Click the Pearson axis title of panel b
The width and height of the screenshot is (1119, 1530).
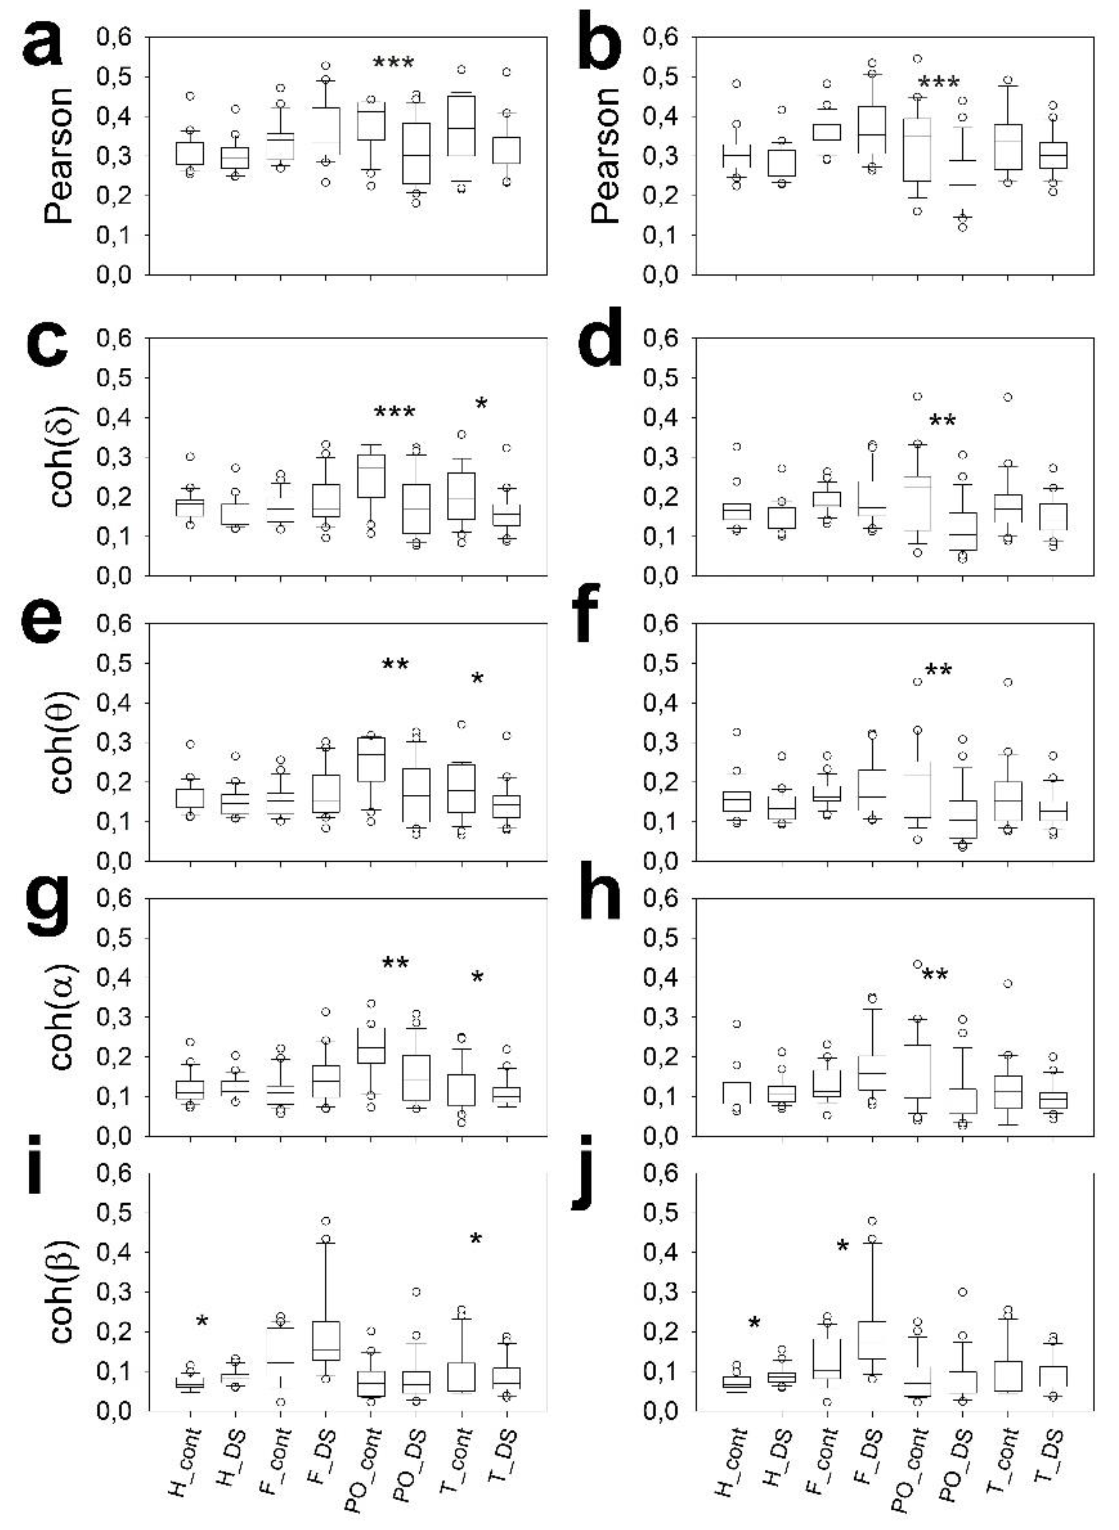point(606,156)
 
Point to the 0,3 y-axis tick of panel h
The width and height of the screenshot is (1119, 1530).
point(660,1016)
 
